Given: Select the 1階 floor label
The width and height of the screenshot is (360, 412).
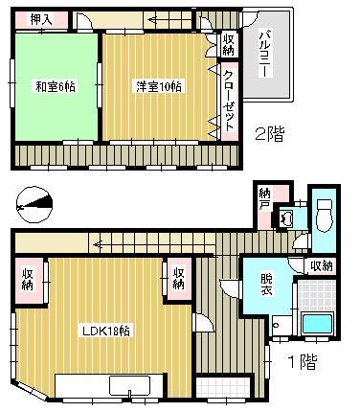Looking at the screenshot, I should pos(304,363).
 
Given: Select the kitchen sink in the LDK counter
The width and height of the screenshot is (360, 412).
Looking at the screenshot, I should pos(126,387).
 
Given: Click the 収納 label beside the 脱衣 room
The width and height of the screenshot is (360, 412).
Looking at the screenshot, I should pos(322,265).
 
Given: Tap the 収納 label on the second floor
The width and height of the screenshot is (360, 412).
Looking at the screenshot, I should pos(230,44).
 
